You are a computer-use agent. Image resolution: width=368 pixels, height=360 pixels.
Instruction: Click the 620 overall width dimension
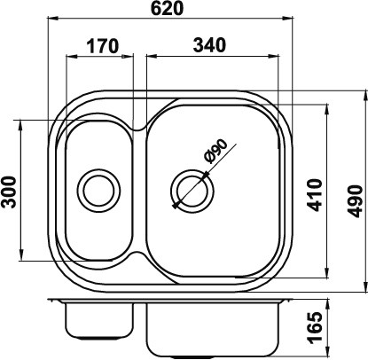click(x=168, y=8)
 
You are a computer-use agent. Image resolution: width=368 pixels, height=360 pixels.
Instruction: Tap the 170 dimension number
click(x=103, y=46)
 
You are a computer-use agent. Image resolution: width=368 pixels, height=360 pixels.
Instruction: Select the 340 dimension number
click(x=209, y=45)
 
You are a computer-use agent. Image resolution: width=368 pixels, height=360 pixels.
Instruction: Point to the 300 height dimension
click(x=9, y=192)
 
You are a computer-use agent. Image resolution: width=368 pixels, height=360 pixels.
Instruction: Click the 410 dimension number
click(x=315, y=195)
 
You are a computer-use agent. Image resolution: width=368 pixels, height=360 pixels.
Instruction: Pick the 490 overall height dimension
click(x=355, y=201)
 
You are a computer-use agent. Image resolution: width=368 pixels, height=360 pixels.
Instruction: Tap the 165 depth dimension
click(x=314, y=327)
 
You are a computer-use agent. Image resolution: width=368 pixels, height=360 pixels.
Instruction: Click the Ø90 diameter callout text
click(x=216, y=151)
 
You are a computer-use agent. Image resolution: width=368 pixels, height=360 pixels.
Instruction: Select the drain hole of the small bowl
click(x=99, y=190)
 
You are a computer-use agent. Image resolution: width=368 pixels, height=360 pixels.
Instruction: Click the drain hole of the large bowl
click(x=192, y=191)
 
